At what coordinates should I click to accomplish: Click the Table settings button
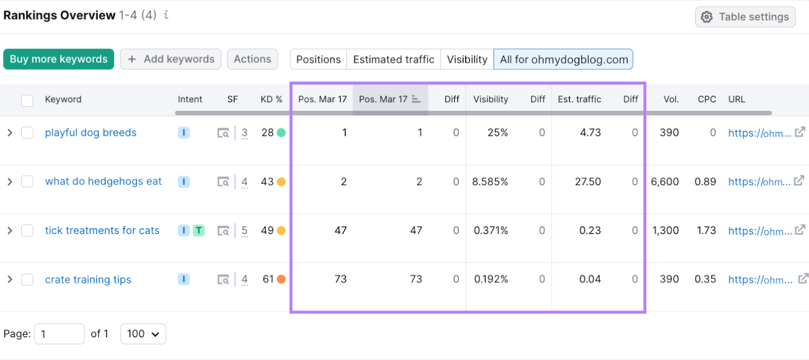745,17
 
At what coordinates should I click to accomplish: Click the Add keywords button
170,59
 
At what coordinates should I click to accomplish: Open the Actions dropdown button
252,59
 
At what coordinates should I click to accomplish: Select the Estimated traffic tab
393,60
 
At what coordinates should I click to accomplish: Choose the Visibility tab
467,60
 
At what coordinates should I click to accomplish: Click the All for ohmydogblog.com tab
563,60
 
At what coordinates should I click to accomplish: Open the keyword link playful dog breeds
91,132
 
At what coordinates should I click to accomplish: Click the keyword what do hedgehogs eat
103,182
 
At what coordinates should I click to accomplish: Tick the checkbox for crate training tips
27,280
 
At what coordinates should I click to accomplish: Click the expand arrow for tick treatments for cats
10,231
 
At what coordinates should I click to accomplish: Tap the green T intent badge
199,231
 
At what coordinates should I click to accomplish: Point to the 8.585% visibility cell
490,182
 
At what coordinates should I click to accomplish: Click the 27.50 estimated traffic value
588,182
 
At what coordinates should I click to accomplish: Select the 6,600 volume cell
664,182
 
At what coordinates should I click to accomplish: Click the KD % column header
271,100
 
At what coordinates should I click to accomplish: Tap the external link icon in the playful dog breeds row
799,132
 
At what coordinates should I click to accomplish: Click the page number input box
59,334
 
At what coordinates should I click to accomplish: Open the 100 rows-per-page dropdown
143,334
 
